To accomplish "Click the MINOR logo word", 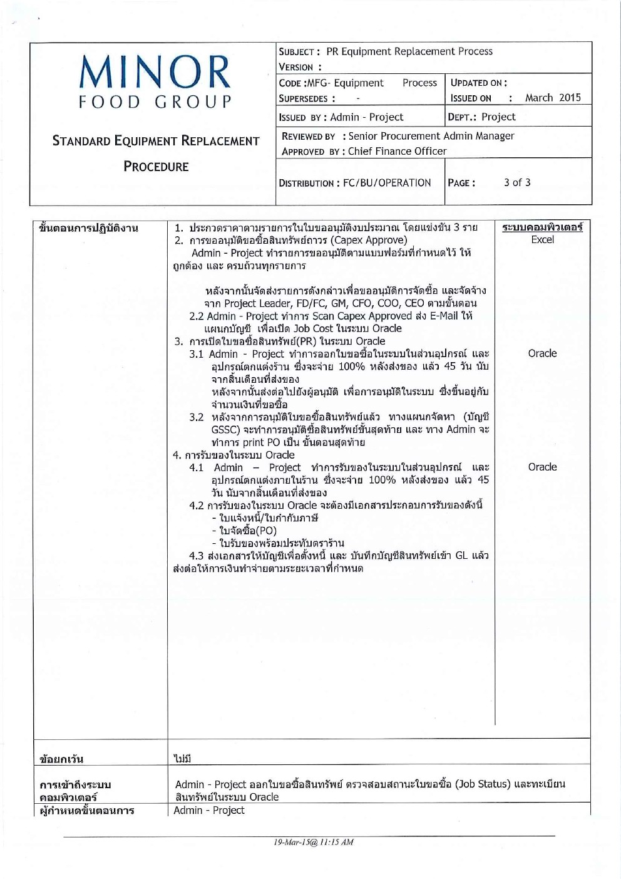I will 155,72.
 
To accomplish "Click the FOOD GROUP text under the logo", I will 155,102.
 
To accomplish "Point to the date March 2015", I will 553,98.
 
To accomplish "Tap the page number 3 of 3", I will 517,182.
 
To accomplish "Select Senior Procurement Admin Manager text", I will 431,136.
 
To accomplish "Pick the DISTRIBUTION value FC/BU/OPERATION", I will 387,183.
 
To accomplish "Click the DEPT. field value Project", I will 498,117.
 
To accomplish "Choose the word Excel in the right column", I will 542,239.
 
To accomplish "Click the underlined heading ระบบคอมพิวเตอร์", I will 542,227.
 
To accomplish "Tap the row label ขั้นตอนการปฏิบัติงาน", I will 88,227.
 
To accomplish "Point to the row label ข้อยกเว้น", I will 61,759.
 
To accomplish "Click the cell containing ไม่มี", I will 182,758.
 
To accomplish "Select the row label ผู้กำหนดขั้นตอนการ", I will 86,810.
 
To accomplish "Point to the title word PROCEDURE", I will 156,167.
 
